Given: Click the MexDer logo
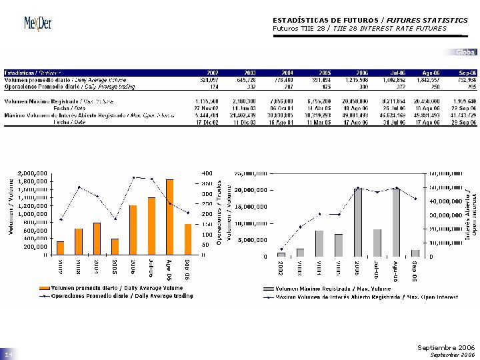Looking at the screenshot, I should click(37, 23).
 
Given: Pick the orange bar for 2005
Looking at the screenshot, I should click(115, 246).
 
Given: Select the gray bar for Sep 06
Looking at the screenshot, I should click(415, 253).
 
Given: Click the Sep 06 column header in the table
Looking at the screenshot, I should click(467, 71).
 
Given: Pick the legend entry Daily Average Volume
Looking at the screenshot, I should click(113, 288).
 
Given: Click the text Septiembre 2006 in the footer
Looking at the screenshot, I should click(446, 348).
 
